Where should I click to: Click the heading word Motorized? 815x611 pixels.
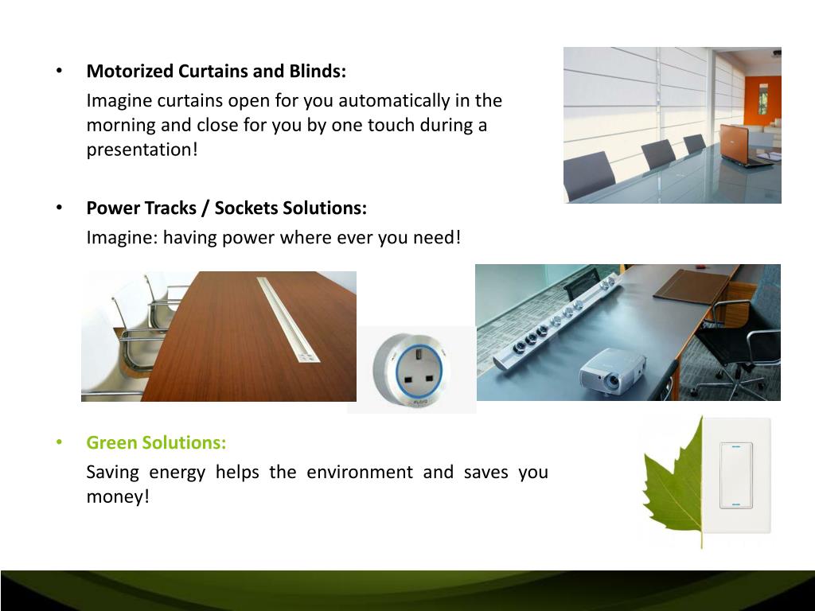coord(130,71)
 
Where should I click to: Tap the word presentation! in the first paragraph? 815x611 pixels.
coord(142,150)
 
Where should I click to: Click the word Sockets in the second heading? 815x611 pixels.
coord(245,208)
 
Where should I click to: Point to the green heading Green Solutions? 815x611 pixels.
coord(156,442)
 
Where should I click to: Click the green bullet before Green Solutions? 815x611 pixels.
coord(59,442)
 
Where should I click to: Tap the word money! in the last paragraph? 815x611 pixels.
coord(118,496)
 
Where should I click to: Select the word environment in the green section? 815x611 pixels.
coord(360,472)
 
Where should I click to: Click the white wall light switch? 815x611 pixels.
coord(736,475)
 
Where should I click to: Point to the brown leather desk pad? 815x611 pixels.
coord(693,284)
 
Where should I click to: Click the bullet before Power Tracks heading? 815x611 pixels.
coord(59,208)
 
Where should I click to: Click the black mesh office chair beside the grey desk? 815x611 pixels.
coord(738,343)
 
